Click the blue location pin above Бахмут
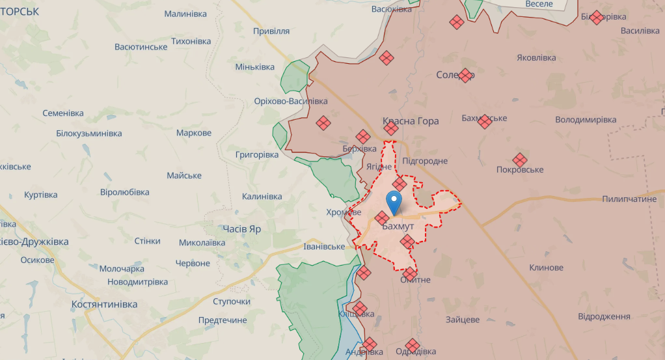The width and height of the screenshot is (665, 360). (x=394, y=201)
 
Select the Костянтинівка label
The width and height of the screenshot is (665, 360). (x=105, y=305)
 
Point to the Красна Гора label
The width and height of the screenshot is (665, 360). (x=411, y=121)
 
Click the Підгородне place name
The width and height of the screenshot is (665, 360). (x=425, y=161)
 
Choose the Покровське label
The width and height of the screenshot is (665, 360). (x=519, y=170)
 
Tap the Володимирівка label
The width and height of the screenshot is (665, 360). (x=585, y=120)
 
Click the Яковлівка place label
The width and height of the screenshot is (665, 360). (x=536, y=57)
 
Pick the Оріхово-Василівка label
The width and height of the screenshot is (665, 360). (x=291, y=101)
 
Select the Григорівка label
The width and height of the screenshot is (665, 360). (x=257, y=155)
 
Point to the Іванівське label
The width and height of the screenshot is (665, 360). (x=324, y=247)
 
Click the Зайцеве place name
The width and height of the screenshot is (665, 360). (x=463, y=320)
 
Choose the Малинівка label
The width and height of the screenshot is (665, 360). (x=185, y=14)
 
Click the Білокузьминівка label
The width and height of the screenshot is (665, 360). (x=89, y=133)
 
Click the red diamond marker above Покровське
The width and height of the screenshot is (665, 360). (x=519, y=159)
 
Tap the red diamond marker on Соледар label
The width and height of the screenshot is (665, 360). (x=465, y=75)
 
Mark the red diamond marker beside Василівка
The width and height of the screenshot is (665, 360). (x=597, y=18)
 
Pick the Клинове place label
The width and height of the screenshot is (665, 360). (x=546, y=268)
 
